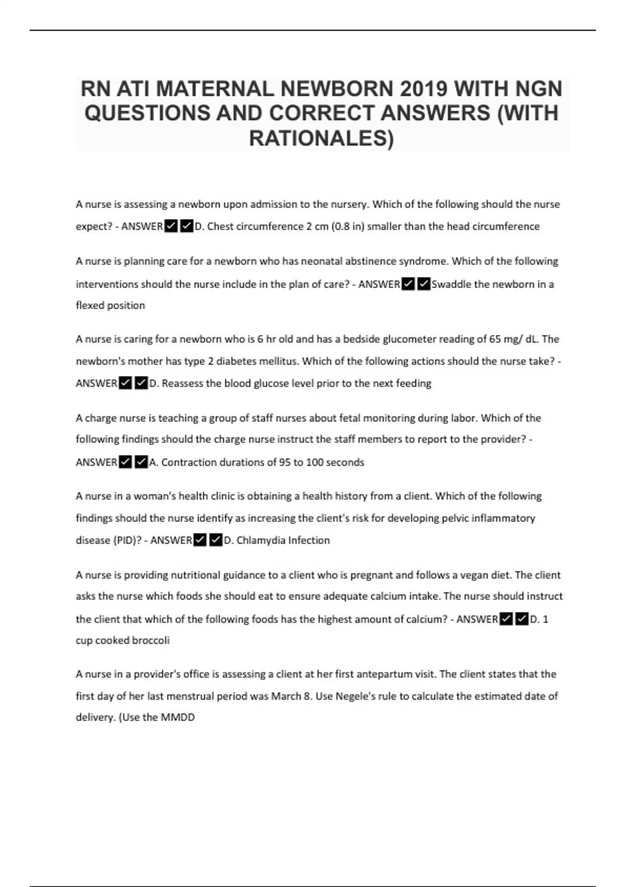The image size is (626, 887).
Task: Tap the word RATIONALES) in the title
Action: [321, 138]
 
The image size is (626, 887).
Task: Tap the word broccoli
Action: [151, 640]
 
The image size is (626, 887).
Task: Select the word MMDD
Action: [177, 717]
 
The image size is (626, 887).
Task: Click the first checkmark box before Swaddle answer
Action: [408, 284]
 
